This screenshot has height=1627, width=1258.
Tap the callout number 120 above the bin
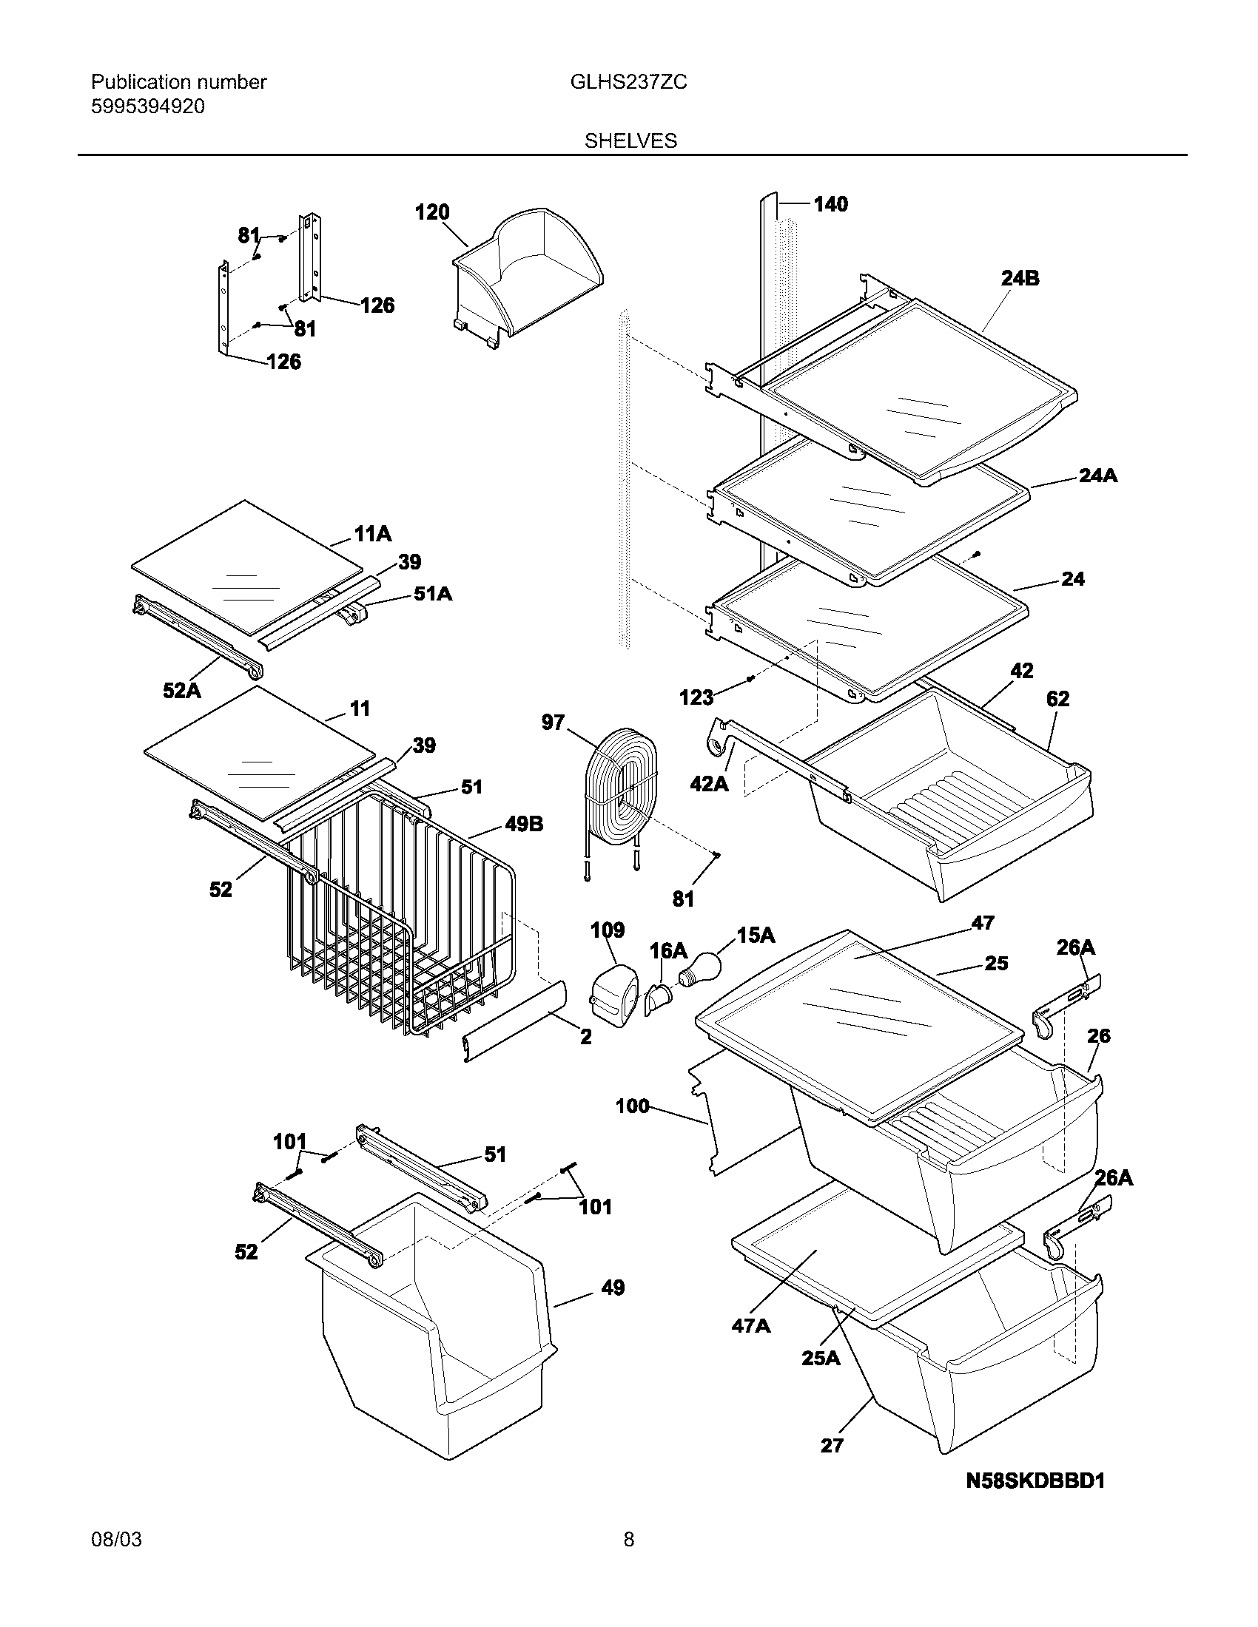coord(432,213)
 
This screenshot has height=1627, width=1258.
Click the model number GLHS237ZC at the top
coord(628,82)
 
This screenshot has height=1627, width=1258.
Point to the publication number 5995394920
coord(147,106)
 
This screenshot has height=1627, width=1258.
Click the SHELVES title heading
coord(630,141)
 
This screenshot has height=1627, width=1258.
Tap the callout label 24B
coord(1020,279)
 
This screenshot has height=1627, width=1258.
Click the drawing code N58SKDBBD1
coord(1035,1481)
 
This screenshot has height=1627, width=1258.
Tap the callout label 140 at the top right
coord(830,204)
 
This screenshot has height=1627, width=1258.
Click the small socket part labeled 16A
coord(657,998)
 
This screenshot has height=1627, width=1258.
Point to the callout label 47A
coord(750,1326)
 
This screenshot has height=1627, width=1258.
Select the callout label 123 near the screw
coord(696,697)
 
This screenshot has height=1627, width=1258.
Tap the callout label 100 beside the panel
coord(632,1106)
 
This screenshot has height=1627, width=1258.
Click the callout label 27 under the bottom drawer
coord(832,1446)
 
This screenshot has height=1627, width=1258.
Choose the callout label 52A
coord(182,691)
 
